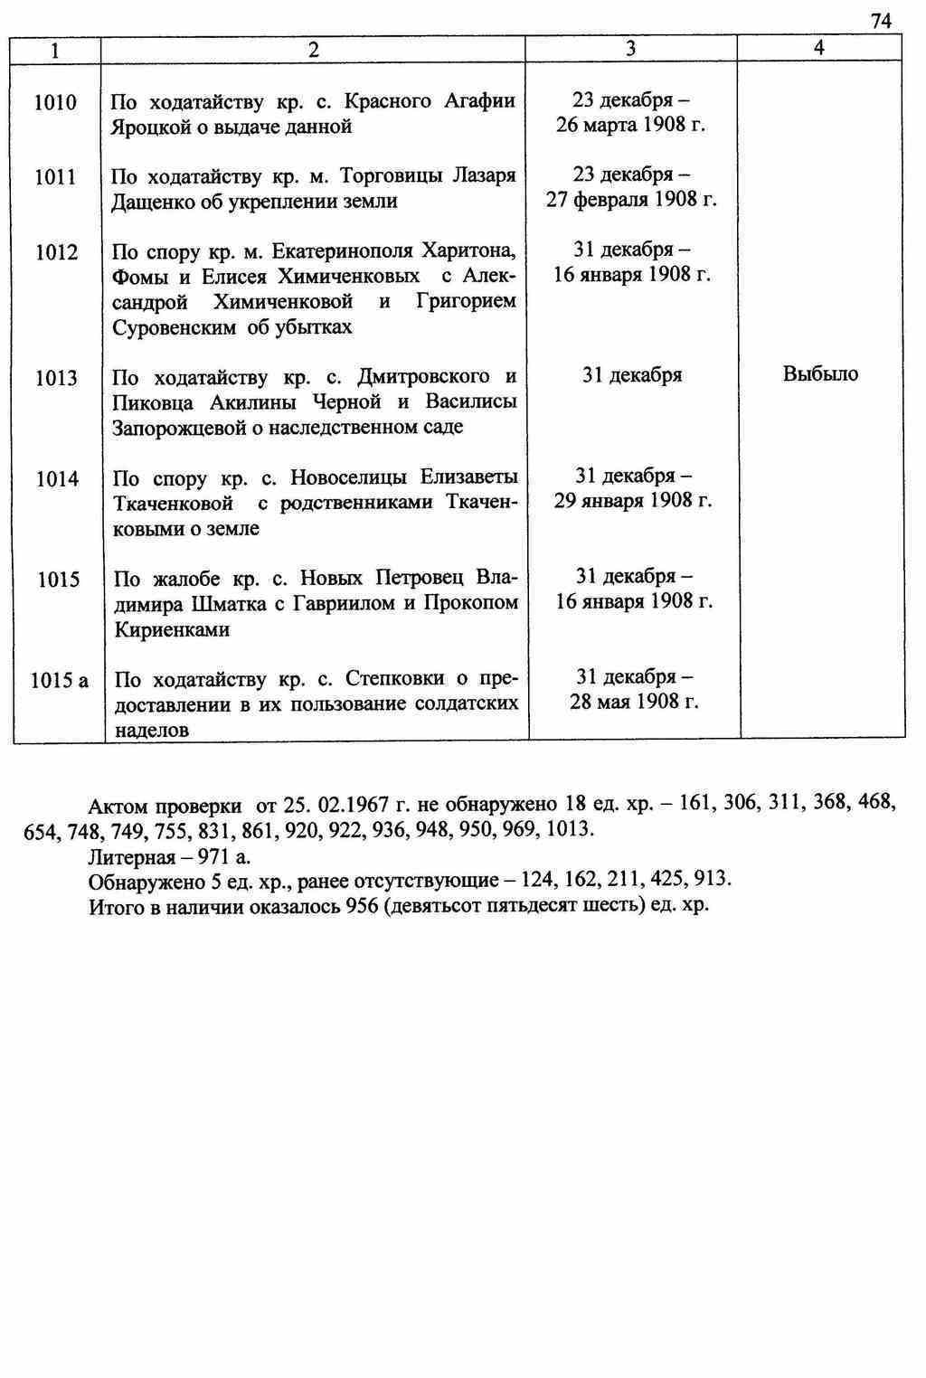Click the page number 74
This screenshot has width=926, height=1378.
click(x=881, y=21)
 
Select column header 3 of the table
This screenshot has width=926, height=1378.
click(x=630, y=49)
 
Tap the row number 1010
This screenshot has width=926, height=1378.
click(x=55, y=102)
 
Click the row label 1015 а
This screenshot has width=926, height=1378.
click(x=59, y=680)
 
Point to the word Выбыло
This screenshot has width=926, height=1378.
click(x=820, y=374)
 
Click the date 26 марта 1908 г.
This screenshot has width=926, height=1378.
click(x=630, y=125)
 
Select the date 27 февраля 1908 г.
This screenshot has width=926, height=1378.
click(x=631, y=200)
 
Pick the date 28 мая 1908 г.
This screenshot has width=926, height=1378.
click(x=633, y=702)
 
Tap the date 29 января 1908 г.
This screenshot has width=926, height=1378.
click(x=633, y=500)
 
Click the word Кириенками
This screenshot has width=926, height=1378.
click(x=172, y=629)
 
